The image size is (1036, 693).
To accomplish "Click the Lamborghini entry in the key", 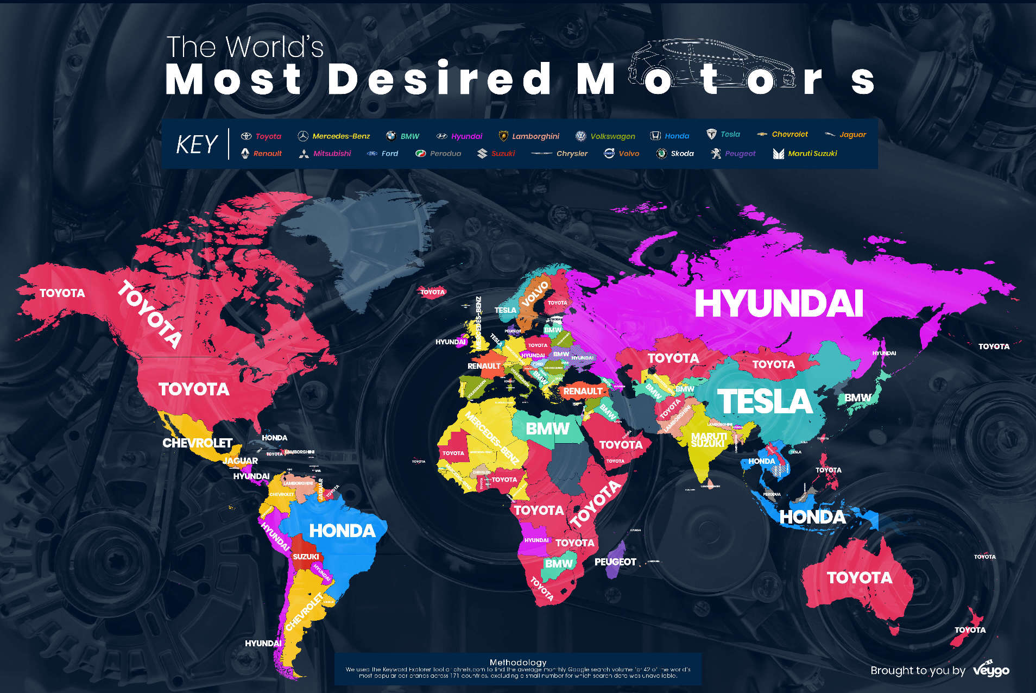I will (x=529, y=136).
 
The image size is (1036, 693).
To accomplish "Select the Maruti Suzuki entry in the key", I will (x=805, y=154).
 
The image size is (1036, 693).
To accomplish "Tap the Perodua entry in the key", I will (x=439, y=154).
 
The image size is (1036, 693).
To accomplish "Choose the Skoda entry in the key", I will (x=675, y=154).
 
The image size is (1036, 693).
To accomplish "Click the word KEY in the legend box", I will (x=197, y=144).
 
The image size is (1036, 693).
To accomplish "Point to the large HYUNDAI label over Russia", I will (x=779, y=303).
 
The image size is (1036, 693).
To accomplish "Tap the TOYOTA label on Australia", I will (x=859, y=577).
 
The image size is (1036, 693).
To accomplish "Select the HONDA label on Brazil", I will (x=342, y=531).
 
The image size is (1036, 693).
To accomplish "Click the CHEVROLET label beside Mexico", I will (x=197, y=443).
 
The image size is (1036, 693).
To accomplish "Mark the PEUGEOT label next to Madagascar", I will (x=615, y=562).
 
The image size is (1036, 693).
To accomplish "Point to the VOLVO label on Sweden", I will (x=535, y=294).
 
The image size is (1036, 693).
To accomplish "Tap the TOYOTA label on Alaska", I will (x=62, y=293).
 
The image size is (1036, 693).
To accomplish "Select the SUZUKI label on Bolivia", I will (x=306, y=557).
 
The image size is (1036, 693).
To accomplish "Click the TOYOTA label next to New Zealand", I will (x=970, y=630).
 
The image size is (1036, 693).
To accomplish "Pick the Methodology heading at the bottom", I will (x=517, y=662).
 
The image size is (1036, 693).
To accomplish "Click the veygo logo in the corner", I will (x=991, y=670).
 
